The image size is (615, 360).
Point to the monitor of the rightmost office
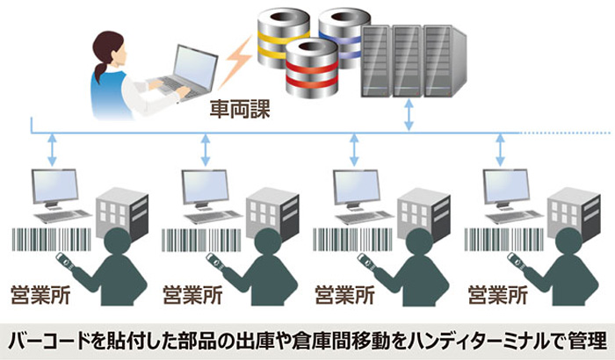(x=510, y=186)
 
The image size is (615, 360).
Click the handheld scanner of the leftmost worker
(x=63, y=261)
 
